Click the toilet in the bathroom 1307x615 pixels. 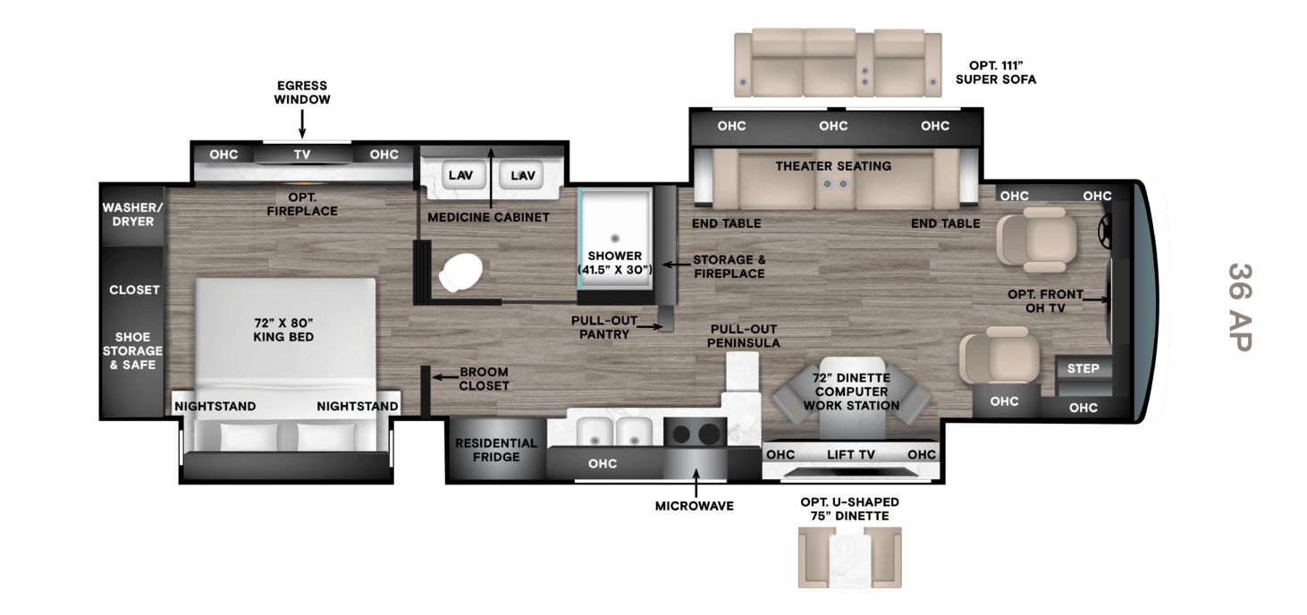coord(460,272)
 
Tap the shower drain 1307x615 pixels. coord(615,238)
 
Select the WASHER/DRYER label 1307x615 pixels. coord(132,215)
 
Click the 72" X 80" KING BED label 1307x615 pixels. coord(283,330)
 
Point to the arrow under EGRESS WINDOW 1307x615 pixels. coord(302,123)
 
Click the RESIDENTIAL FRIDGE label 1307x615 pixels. coord(496,450)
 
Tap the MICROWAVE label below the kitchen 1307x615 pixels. coord(695,506)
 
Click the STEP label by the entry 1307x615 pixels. coord(1083,368)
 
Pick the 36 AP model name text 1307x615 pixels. coord(1240,307)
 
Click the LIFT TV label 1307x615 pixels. coord(851,454)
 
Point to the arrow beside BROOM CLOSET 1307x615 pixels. coord(445,377)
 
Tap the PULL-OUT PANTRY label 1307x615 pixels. coord(604,327)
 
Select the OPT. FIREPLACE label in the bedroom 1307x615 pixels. coord(302,204)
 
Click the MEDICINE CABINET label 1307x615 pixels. coord(488,217)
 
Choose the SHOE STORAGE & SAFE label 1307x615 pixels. coord(132,350)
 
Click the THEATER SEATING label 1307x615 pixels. coord(833,166)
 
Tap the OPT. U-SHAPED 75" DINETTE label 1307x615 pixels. coord(849,509)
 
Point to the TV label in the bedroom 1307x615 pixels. coord(302,155)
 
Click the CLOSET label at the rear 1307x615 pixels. coord(134,290)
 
